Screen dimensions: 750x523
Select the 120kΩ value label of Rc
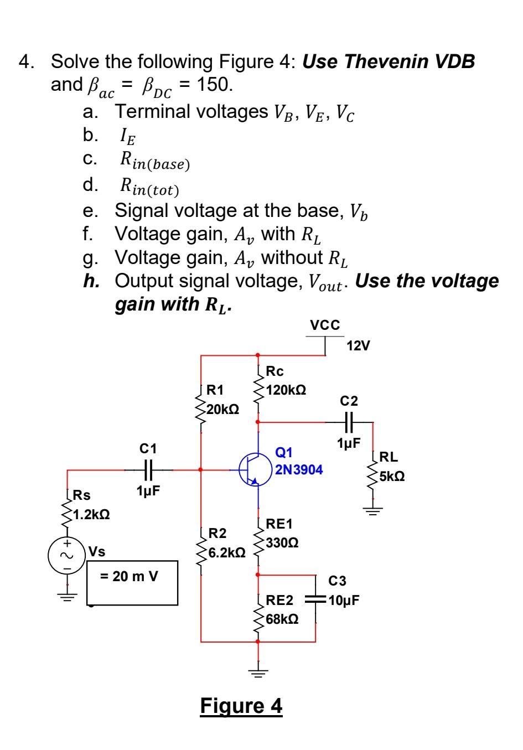[286, 390]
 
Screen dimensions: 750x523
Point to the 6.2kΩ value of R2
[226, 553]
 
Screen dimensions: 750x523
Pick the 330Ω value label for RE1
[282, 543]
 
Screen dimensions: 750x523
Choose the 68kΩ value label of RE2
[282, 619]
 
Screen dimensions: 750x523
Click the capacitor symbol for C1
[148, 470]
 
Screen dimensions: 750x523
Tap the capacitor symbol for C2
[349, 422]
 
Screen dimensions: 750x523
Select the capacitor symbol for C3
[316, 599]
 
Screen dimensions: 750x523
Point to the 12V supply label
[359, 346]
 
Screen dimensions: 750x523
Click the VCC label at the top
[325, 325]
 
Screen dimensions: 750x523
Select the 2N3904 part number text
[299, 470]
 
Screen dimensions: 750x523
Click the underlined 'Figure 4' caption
[241, 706]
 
